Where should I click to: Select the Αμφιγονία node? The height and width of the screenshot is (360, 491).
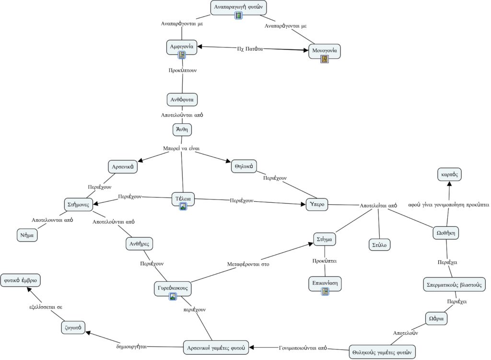pyautogui.click(x=182, y=47)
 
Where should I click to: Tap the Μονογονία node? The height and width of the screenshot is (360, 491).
pyautogui.click(x=325, y=51)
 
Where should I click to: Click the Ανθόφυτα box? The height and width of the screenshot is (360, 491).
pyautogui.click(x=182, y=100)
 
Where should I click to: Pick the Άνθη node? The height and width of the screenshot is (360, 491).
pyautogui.click(x=182, y=129)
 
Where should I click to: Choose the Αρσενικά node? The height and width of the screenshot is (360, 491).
pyautogui.click(x=123, y=166)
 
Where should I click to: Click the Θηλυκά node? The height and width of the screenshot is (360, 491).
pyautogui.click(x=244, y=166)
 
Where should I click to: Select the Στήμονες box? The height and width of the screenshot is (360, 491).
pyautogui.click(x=78, y=204)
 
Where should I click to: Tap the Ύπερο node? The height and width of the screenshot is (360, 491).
pyautogui.click(x=317, y=204)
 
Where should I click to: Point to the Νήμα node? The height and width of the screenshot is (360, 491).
pyautogui.click(x=27, y=235)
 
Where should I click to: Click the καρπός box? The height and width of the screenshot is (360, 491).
pyautogui.click(x=449, y=174)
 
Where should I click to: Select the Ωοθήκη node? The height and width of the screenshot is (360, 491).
pyautogui.click(x=445, y=233)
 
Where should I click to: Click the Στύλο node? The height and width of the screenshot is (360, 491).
pyautogui.click(x=379, y=245)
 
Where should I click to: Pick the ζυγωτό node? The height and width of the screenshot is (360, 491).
pyautogui.click(x=73, y=327)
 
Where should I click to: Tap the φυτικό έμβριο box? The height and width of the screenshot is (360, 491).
pyautogui.click(x=20, y=280)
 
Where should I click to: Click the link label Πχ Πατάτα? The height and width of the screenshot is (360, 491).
pyautogui.click(x=250, y=49)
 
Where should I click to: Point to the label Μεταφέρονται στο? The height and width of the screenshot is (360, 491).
pyautogui.click(x=248, y=264)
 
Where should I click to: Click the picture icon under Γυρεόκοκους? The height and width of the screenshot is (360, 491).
pyautogui.click(x=173, y=296)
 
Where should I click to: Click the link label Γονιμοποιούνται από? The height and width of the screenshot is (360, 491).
pyautogui.click(x=303, y=348)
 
